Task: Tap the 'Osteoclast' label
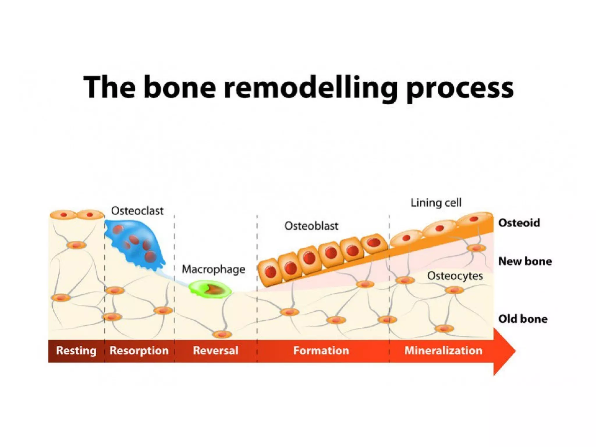[x=137, y=211]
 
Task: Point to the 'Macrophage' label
[x=213, y=269]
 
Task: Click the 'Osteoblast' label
[x=311, y=226]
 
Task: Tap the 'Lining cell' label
[x=436, y=203]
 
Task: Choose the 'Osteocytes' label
[x=455, y=276]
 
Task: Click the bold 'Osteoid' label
[x=519, y=223]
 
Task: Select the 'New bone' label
[x=525, y=261]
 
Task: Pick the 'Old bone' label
[x=523, y=319]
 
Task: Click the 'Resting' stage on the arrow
[x=76, y=350]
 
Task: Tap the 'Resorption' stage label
[x=139, y=350]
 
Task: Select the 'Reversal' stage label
[x=216, y=350]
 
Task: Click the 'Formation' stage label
[x=321, y=350]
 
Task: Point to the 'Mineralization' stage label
[x=443, y=350]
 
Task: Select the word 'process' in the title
[x=460, y=88]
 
